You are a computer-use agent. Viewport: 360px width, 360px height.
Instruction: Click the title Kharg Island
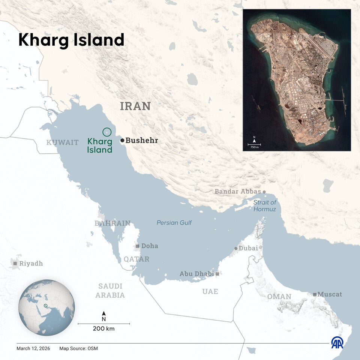pyautogui.click(x=71, y=40)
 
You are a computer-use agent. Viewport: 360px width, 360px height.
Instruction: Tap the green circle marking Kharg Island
pyautogui.click(x=107, y=132)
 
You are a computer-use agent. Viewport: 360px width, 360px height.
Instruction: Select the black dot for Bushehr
pyautogui.click(x=122, y=140)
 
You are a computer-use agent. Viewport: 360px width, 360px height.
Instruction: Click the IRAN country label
pyautogui.click(x=135, y=106)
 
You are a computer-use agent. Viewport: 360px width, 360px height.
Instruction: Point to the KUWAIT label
pyautogui.click(x=62, y=142)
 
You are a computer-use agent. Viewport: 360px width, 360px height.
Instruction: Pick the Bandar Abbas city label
pyautogui.click(x=237, y=192)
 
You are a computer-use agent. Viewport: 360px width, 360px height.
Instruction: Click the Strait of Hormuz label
pyautogui.click(x=264, y=205)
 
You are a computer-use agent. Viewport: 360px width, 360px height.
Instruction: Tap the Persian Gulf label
pyautogui.click(x=174, y=223)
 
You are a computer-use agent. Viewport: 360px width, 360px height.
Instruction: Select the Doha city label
pyautogui.click(x=149, y=246)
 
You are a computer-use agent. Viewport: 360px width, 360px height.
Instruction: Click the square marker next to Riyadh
pyautogui.click(x=15, y=264)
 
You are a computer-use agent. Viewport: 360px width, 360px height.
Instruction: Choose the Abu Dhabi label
pyautogui.click(x=196, y=274)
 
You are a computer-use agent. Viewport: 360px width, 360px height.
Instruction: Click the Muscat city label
pyautogui.click(x=330, y=294)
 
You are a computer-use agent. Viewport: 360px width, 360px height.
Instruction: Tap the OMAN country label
pyautogui.click(x=279, y=297)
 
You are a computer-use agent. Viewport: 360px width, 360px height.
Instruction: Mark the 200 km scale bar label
pyautogui.click(x=104, y=329)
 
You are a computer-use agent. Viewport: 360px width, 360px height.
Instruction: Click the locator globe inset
pyautogui.click(x=47, y=307)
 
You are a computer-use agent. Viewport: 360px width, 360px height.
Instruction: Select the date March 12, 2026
pyautogui.click(x=33, y=348)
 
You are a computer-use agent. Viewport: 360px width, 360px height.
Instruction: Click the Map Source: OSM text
pyautogui.click(x=78, y=348)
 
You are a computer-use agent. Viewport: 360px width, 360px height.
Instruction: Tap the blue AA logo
pyautogui.click(x=337, y=342)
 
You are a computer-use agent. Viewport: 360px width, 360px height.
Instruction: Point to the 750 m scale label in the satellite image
pyautogui.click(x=254, y=147)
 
